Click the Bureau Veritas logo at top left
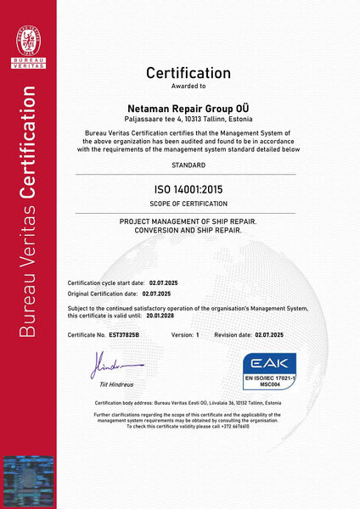pyautogui.click(x=28, y=42)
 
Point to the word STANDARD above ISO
pyautogui.click(x=188, y=165)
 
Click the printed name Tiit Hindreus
pyautogui.click(x=118, y=386)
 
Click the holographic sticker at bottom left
pyautogui.click(x=28, y=479)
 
